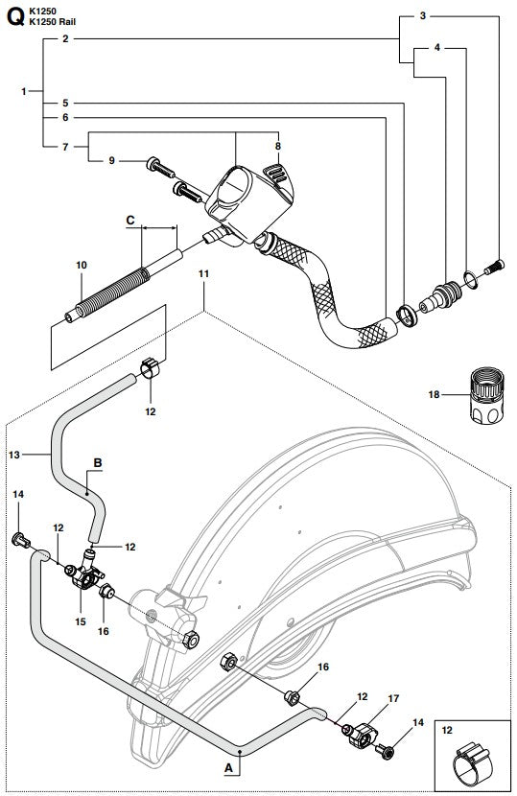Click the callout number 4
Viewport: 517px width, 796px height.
pyautogui.click(x=438, y=46)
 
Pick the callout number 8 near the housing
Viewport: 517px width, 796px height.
pyautogui.click(x=279, y=146)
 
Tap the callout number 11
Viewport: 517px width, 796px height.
pyautogui.click(x=203, y=274)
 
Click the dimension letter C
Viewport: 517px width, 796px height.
pyautogui.click(x=129, y=220)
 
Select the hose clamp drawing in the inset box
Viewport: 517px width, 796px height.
pyautogui.click(x=472, y=762)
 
